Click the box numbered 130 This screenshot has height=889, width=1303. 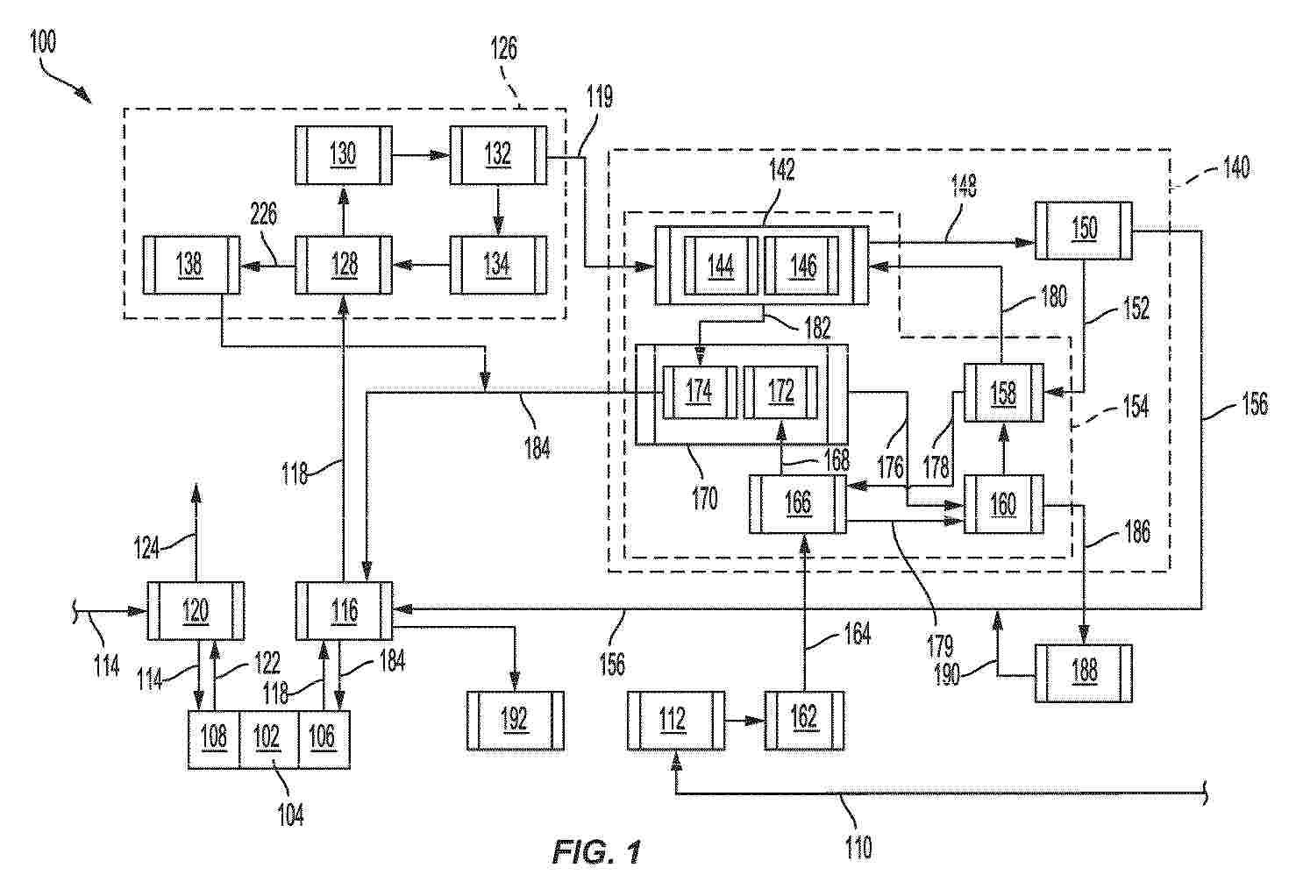tap(343, 155)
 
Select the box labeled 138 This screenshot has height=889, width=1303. tap(191, 265)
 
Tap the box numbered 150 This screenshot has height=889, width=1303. tap(1083, 231)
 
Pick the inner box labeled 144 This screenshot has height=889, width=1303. tap(721, 266)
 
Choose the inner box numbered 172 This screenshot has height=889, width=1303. tap(780, 391)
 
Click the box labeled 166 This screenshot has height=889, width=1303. tap(798, 503)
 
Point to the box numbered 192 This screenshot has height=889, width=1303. tap(516, 721)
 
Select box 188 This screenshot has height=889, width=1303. tap(1083, 672)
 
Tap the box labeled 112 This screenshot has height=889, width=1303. tap(676, 721)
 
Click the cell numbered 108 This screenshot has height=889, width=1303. tap(214, 739)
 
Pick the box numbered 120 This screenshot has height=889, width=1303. tap(196, 610)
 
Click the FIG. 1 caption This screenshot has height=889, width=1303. tap(597, 853)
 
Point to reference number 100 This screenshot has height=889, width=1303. tap(43, 42)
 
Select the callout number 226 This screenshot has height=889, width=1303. tap(264, 215)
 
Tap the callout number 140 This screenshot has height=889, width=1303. tap(1236, 167)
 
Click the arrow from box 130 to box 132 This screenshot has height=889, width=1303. tap(421, 155)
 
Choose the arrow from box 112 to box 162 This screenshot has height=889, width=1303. tap(744, 721)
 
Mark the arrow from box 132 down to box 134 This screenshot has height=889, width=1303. tap(498, 210)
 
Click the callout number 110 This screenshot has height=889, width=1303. tap(858, 847)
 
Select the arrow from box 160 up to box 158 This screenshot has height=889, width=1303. tap(1003, 449)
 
